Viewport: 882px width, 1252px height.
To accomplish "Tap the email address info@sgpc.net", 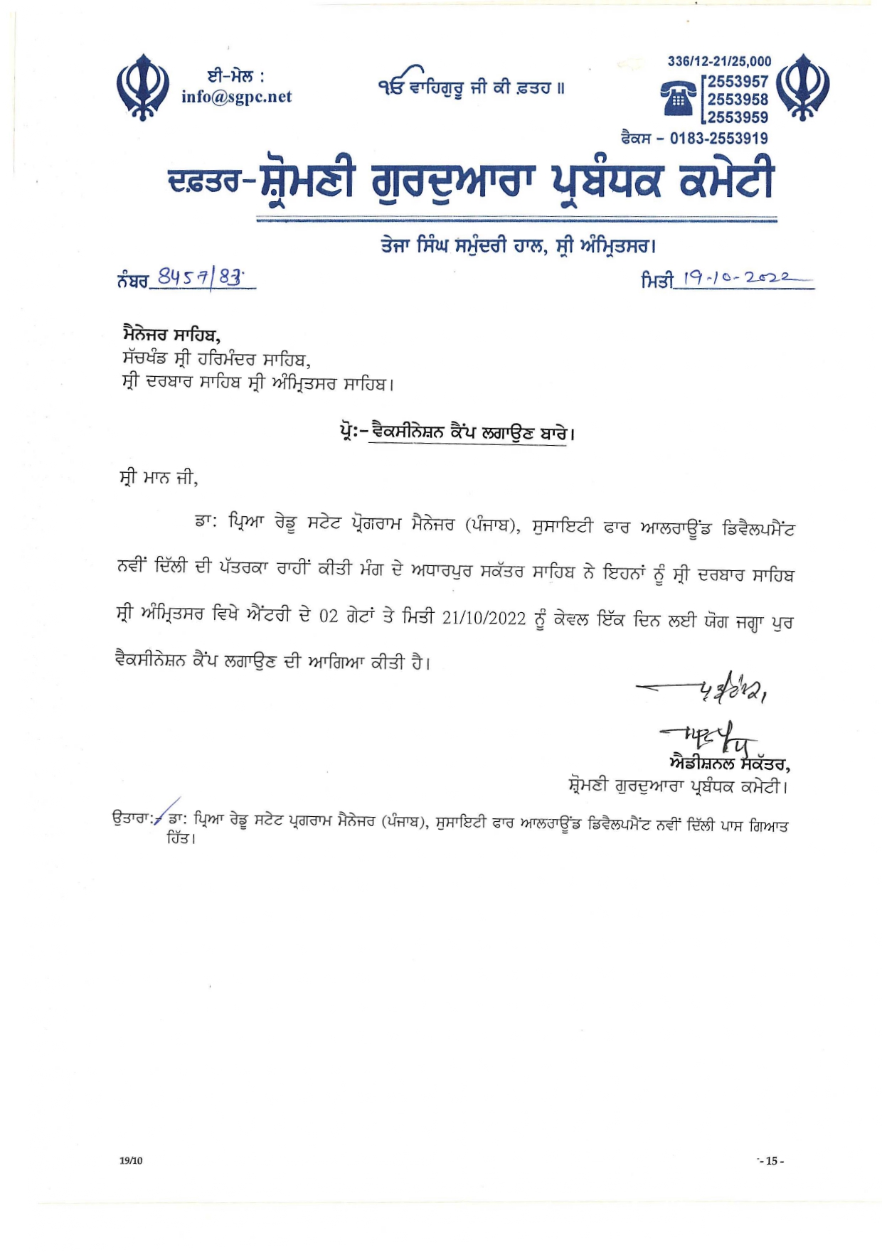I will [236, 97].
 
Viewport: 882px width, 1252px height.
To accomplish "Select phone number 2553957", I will [738, 82].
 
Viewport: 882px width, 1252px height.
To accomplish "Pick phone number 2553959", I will [738, 117].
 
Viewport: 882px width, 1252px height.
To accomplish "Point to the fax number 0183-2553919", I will [718, 138].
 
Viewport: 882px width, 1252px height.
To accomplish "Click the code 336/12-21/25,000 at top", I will [718, 62].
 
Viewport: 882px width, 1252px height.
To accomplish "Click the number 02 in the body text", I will [328, 618].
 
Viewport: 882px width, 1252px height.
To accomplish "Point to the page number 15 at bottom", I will [771, 1161].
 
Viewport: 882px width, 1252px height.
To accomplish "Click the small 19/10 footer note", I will [131, 1160].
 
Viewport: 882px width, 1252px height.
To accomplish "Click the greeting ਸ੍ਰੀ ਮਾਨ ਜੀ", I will [158, 478].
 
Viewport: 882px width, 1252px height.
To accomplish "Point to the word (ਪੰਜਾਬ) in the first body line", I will [489, 526].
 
